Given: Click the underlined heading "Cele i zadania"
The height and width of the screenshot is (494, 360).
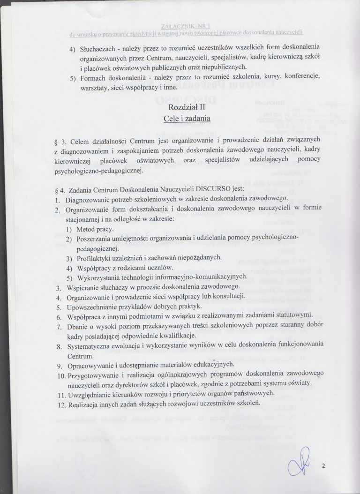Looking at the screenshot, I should click(x=186, y=119).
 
